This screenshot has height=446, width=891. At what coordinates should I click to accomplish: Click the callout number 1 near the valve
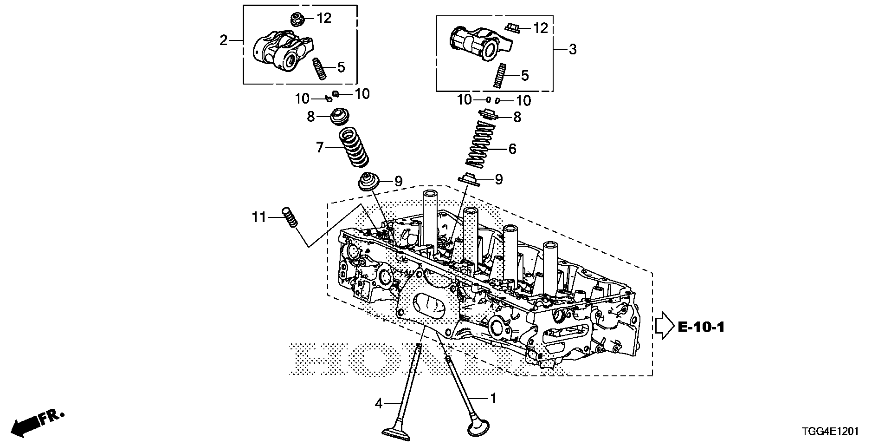click(x=493, y=398)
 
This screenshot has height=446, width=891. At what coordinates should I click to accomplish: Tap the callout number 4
click(x=379, y=404)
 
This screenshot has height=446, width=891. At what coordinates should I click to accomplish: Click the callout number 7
click(x=320, y=148)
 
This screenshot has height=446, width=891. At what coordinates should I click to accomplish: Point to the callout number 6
click(x=512, y=149)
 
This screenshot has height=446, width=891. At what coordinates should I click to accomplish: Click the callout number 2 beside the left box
click(x=224, y=40)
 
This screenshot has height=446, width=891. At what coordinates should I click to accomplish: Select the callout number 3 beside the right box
click(x=573, y=49)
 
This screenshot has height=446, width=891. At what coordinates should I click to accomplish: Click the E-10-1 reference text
click(x=701, y=327)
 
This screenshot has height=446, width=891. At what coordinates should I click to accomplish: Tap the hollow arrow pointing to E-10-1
click(x=664, y=326)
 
